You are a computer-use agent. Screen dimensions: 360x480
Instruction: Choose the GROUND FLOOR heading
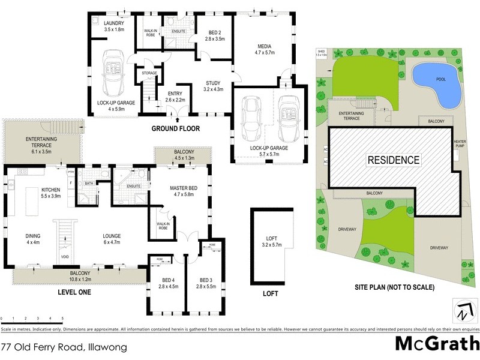coord(175,128)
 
